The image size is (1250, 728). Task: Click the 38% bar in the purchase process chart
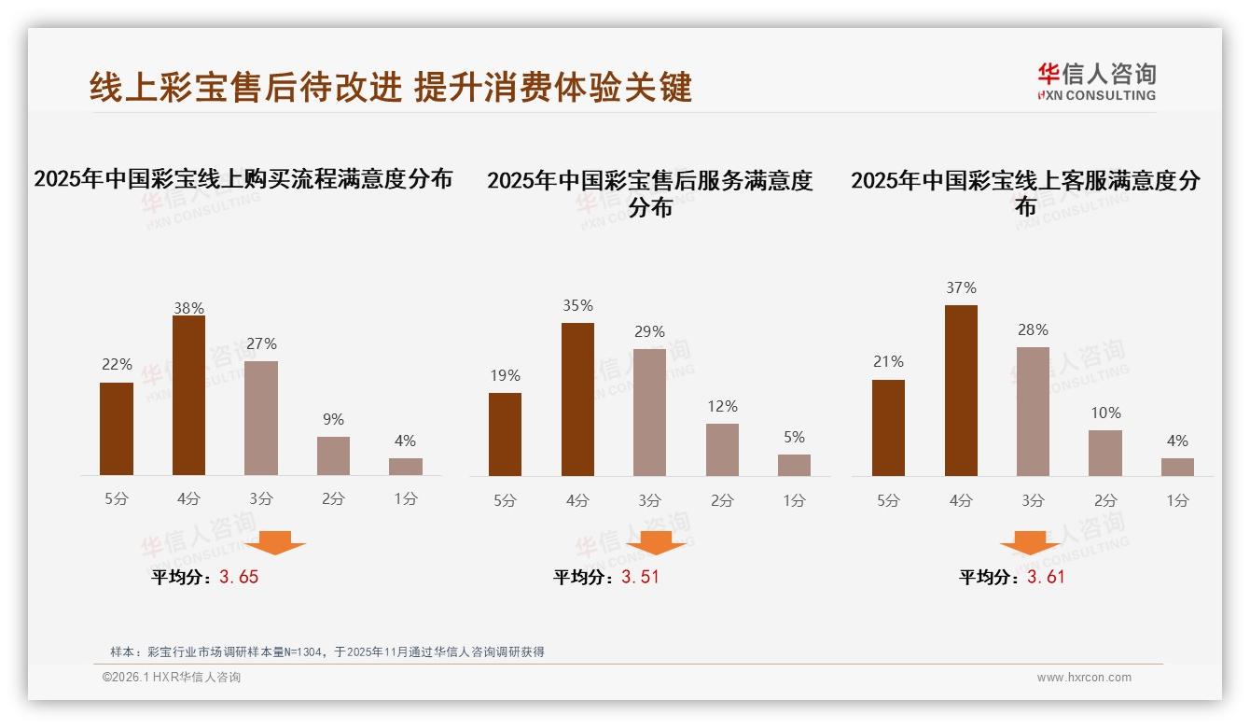[x=188, y=396]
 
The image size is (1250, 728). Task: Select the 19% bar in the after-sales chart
[x=505, y=434]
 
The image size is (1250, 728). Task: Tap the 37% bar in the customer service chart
[x=961, y=390]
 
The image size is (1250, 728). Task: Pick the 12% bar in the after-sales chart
[x=722, y=450]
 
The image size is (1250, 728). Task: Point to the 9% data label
[x=333, y=420]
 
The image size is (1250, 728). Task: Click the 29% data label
[x=649, y=332]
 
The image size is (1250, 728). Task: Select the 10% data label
[x=1105, y=413]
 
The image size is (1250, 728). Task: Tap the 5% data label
[x=794, y=438]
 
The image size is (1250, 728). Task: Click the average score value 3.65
[x=239, y=578]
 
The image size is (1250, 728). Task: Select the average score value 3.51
[x=640, y=578]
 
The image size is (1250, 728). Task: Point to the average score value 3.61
[x=1046, y=578]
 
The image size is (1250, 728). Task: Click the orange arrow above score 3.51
[x=656, y=542]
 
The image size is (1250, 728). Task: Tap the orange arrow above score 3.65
[x=276, y=542]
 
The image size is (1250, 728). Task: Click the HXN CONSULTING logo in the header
[x=1096, y=82]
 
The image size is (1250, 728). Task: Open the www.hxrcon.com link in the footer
[x=1084, y=678]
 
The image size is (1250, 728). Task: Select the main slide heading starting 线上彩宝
[x=391, y=87]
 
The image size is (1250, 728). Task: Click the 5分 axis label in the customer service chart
[x=888, y=501]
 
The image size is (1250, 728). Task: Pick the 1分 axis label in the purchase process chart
[x=405, y=499]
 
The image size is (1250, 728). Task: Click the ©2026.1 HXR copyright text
[x=172, y=678]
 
